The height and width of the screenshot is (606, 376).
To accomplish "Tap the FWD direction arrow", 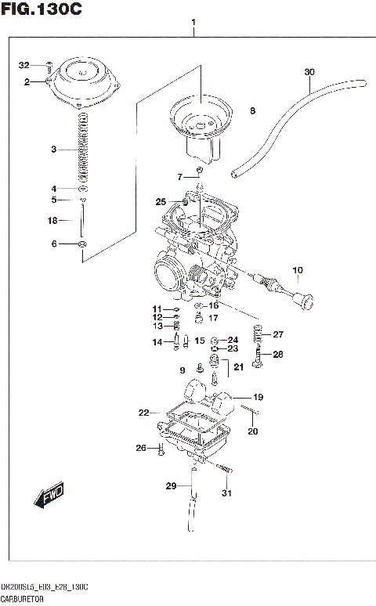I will click(x=49, y=496).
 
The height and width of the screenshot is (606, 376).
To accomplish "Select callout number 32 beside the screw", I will click(x=23, y=64).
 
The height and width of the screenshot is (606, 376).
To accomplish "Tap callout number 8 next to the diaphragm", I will click(x=252, y=111).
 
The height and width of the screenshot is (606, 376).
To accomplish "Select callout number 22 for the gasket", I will click(x=143, y=413).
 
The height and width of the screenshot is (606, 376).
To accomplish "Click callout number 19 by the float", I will click(x=258, y=396).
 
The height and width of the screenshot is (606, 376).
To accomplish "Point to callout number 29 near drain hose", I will click(x=172, y=486).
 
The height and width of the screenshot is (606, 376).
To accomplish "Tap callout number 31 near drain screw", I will click(x=227, y=492).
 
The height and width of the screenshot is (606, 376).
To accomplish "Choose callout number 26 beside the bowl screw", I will click(x=141, y=448).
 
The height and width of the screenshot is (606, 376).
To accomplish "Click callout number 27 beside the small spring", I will click(x=278, y=334).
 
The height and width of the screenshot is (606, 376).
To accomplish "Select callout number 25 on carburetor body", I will click(x=161, y=202).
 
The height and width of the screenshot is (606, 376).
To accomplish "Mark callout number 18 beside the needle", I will click(x=53, y=221).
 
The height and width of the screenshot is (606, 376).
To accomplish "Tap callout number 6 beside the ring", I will click(x=54, y=244).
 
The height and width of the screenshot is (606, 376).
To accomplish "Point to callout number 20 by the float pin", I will click(x=252, y=431).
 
